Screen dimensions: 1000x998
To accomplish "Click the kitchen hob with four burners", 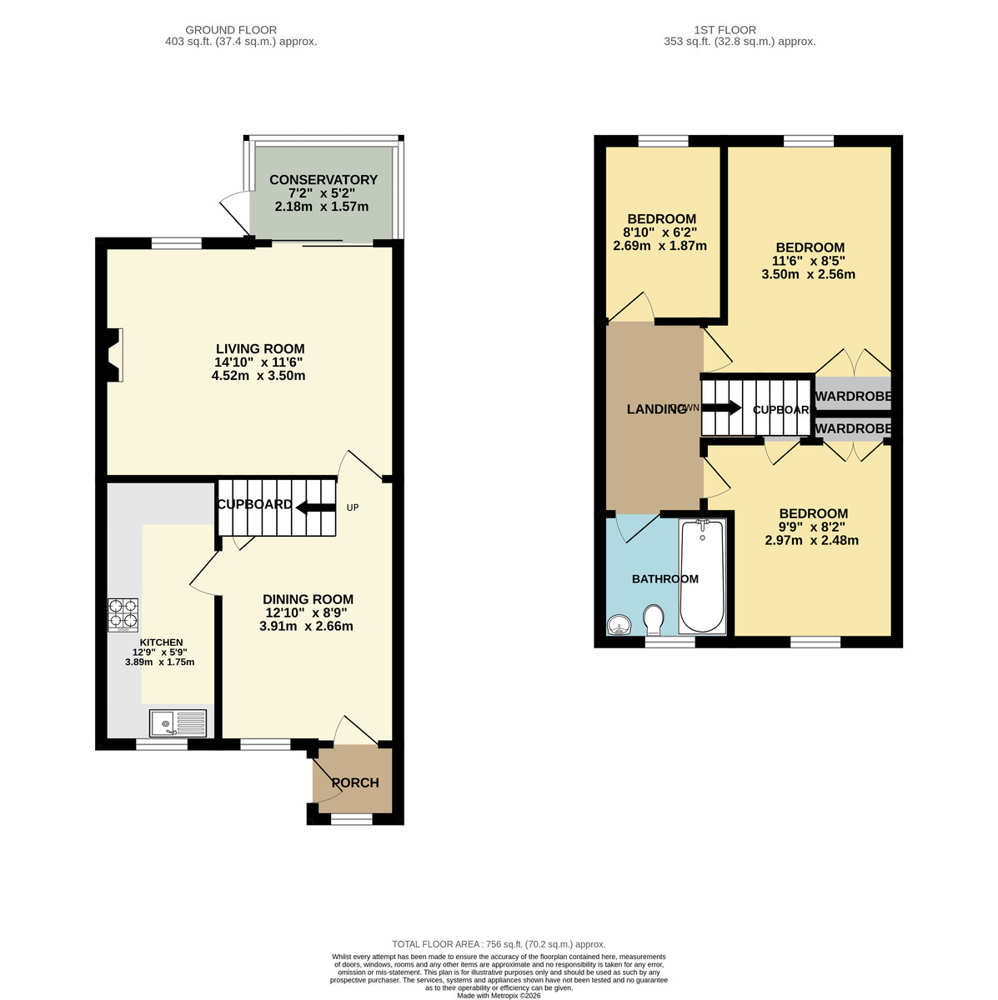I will coord(123,614).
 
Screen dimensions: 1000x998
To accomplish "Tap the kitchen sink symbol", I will coord(178,722).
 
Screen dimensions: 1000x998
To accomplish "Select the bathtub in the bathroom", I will coord(703,576).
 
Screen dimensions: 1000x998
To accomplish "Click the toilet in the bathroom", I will coord(654,619).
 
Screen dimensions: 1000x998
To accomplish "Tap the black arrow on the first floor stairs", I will coord(721,408).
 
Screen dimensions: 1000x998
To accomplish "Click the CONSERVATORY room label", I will coord(323,180).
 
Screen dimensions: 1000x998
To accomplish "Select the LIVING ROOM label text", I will coord(260,349).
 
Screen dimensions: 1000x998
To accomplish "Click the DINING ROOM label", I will coord(308,599).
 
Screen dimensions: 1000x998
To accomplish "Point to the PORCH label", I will coord(355,782).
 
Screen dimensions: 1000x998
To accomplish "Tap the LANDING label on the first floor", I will coord(656,409).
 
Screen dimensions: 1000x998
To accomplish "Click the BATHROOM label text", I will coord(664,579).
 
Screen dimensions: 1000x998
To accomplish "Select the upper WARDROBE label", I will coord(853,397).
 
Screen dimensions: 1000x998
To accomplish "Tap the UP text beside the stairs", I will coord(353,507).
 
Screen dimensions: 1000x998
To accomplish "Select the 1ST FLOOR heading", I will coord(739,30).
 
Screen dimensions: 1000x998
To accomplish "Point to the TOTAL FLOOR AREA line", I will coord(499,944).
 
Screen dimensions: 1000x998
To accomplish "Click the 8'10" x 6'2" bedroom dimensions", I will coord(659,232).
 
